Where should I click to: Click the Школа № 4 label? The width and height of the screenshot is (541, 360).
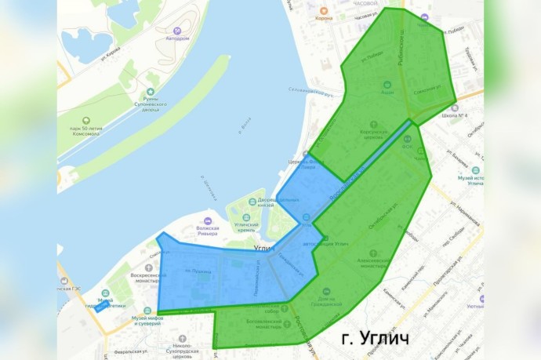(455, 115)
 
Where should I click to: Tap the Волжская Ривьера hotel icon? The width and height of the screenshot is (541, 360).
(207, 221)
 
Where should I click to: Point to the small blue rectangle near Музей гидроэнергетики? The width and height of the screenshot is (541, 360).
(101, 307)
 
